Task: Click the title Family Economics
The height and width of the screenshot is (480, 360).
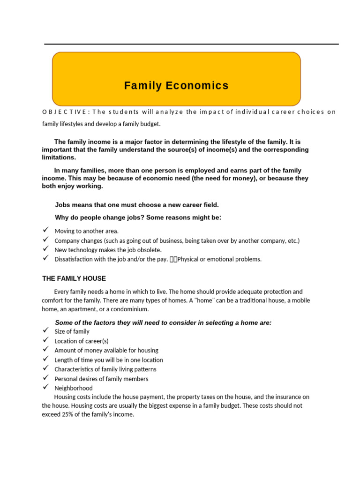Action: (176, 86)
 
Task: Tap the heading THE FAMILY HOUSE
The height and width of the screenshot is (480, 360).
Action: (74, 278)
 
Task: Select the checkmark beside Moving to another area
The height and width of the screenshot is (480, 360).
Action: (45, 230)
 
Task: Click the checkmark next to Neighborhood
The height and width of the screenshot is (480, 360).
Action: (45, 387)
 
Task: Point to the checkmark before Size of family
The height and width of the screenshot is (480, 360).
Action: (45, 330)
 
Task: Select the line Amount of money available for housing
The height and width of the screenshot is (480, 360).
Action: (106, 351)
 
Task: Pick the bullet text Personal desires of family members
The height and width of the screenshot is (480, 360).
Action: (101, 379)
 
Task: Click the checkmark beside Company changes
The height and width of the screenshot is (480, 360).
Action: (45, 240)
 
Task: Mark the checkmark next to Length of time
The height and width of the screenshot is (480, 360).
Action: (45, 359)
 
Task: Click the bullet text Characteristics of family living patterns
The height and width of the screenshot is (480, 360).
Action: (105, 369)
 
